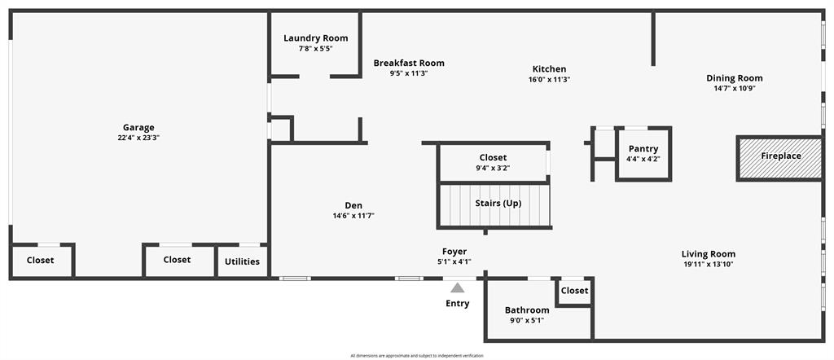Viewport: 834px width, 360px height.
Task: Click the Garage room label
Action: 138,127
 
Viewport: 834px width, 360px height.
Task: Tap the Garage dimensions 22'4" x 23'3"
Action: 138,138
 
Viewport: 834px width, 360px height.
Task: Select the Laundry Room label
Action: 315,38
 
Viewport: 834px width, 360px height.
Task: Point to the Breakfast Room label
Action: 409,63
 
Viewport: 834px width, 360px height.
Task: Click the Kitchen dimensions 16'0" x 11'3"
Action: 549,80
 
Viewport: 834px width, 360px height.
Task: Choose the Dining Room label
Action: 734,78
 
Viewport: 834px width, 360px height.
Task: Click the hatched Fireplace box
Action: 779,156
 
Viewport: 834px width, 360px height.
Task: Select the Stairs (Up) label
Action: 498,203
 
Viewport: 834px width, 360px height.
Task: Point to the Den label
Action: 353,205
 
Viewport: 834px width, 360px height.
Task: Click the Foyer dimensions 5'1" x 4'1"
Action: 454,261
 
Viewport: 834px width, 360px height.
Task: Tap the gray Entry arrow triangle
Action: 458,288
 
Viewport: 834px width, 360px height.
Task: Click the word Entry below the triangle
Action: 458,304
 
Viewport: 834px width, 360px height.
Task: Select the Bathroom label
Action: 527,310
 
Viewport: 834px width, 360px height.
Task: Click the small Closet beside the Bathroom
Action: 574,291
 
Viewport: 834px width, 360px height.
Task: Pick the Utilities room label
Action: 243,261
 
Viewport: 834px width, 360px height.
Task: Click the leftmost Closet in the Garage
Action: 41,261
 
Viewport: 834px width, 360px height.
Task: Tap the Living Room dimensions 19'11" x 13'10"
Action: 708,264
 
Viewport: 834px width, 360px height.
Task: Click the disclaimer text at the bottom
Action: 417,356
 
